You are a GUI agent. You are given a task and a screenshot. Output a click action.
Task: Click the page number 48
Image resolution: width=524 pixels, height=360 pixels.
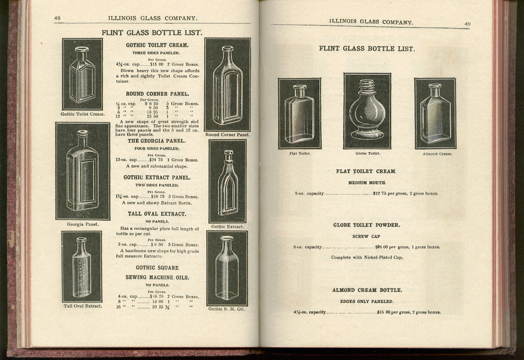point(57,18)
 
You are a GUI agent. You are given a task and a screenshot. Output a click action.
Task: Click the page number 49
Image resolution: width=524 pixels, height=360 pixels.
point(467,24)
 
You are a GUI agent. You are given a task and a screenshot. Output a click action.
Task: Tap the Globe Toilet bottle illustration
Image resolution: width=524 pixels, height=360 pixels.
point(367,111)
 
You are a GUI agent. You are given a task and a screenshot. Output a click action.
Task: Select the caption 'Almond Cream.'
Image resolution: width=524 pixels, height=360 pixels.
point(437,154)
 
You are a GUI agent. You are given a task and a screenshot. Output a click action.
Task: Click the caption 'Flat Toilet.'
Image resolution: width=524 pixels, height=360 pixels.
point(300,154)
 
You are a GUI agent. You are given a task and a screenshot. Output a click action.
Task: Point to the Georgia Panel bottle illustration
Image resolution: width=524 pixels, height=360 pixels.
point(83,171)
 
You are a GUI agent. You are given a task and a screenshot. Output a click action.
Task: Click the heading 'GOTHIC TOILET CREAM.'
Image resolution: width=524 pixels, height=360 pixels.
point(157,45)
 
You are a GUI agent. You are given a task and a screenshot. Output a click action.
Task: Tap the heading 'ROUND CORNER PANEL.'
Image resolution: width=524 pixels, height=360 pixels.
point(157,94)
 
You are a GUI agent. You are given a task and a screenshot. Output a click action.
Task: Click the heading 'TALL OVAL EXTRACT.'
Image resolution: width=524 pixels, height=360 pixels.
point(157,214)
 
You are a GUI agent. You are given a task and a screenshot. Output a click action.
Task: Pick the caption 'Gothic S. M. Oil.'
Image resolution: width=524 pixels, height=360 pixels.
point(227,309)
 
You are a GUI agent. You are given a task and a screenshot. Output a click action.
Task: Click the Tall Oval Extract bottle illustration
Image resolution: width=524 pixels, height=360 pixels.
point(81,266)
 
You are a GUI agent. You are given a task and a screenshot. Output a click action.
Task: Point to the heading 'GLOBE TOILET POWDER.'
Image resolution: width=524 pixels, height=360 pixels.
point(366,226)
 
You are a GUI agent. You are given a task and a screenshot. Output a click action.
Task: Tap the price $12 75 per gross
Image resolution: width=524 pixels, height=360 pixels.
point(379,193)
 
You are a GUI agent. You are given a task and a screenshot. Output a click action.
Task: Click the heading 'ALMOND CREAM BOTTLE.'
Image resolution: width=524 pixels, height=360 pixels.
point(367,290)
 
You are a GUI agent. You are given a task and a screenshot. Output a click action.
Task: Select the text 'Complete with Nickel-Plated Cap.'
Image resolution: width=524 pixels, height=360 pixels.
point(367,257)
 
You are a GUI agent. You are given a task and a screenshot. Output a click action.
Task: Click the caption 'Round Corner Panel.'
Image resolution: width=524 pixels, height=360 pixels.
point(227,135)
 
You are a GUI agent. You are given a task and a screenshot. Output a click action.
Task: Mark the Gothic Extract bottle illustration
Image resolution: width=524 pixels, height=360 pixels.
point(227,181)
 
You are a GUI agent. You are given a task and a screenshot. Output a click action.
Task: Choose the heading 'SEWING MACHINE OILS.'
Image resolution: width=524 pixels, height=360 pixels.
point(157,277)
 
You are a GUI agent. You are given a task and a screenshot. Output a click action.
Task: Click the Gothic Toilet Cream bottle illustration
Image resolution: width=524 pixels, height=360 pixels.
point(82,74)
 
